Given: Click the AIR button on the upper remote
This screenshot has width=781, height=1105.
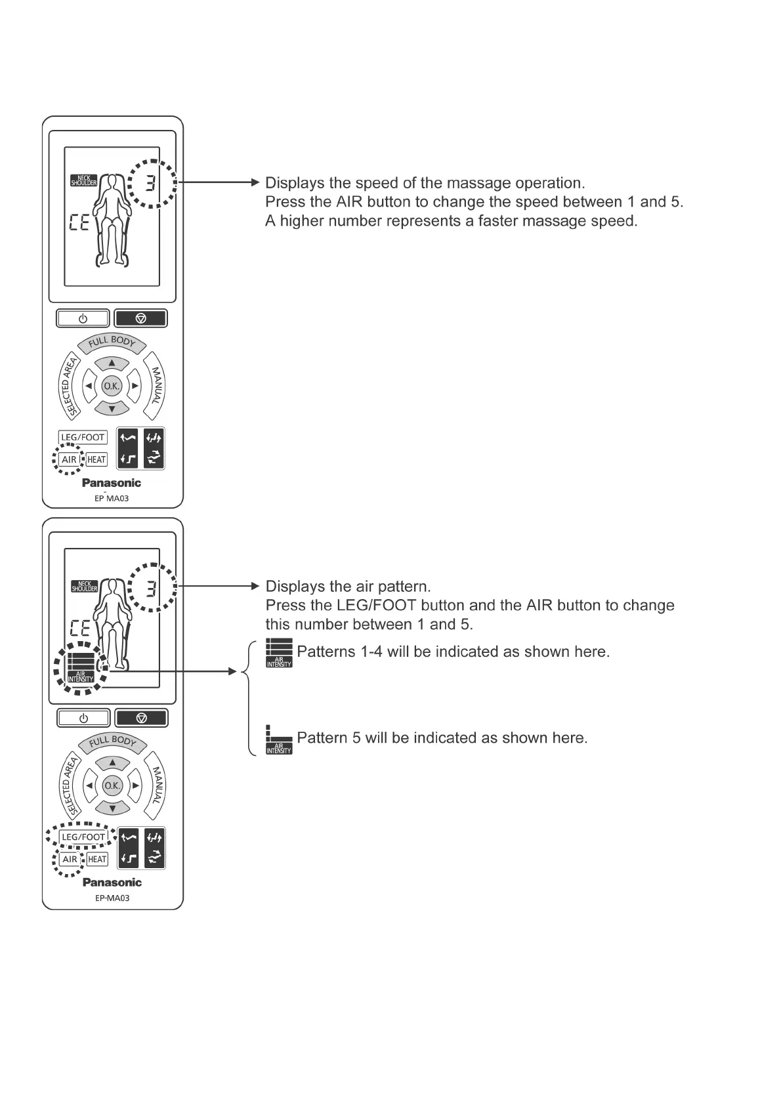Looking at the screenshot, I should coord(69,459).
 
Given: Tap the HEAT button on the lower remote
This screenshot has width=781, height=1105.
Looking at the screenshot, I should coord(97,859).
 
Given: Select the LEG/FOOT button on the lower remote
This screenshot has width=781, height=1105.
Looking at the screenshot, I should coord(83,837).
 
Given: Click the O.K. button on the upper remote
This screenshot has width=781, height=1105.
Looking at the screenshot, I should coord(112,386).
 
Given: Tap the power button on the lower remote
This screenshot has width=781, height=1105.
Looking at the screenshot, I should coord(83,718).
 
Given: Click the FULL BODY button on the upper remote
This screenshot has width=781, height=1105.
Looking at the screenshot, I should coord(112,342).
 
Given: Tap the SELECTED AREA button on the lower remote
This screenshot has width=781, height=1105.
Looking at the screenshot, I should coord(69,785).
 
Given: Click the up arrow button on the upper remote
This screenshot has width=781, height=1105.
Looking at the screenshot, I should coord(112,363).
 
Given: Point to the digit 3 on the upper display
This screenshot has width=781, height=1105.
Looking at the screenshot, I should coord(151,184).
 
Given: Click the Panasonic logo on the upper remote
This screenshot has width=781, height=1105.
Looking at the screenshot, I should coord(111,483).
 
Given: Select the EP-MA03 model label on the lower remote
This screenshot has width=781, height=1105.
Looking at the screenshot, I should coord(112,898).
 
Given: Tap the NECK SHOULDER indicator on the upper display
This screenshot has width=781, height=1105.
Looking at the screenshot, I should coord(84,180).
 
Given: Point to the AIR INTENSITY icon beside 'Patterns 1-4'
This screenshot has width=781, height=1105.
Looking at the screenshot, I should coord(279,654).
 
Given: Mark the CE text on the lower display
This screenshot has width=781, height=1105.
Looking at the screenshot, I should coord(79,629).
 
